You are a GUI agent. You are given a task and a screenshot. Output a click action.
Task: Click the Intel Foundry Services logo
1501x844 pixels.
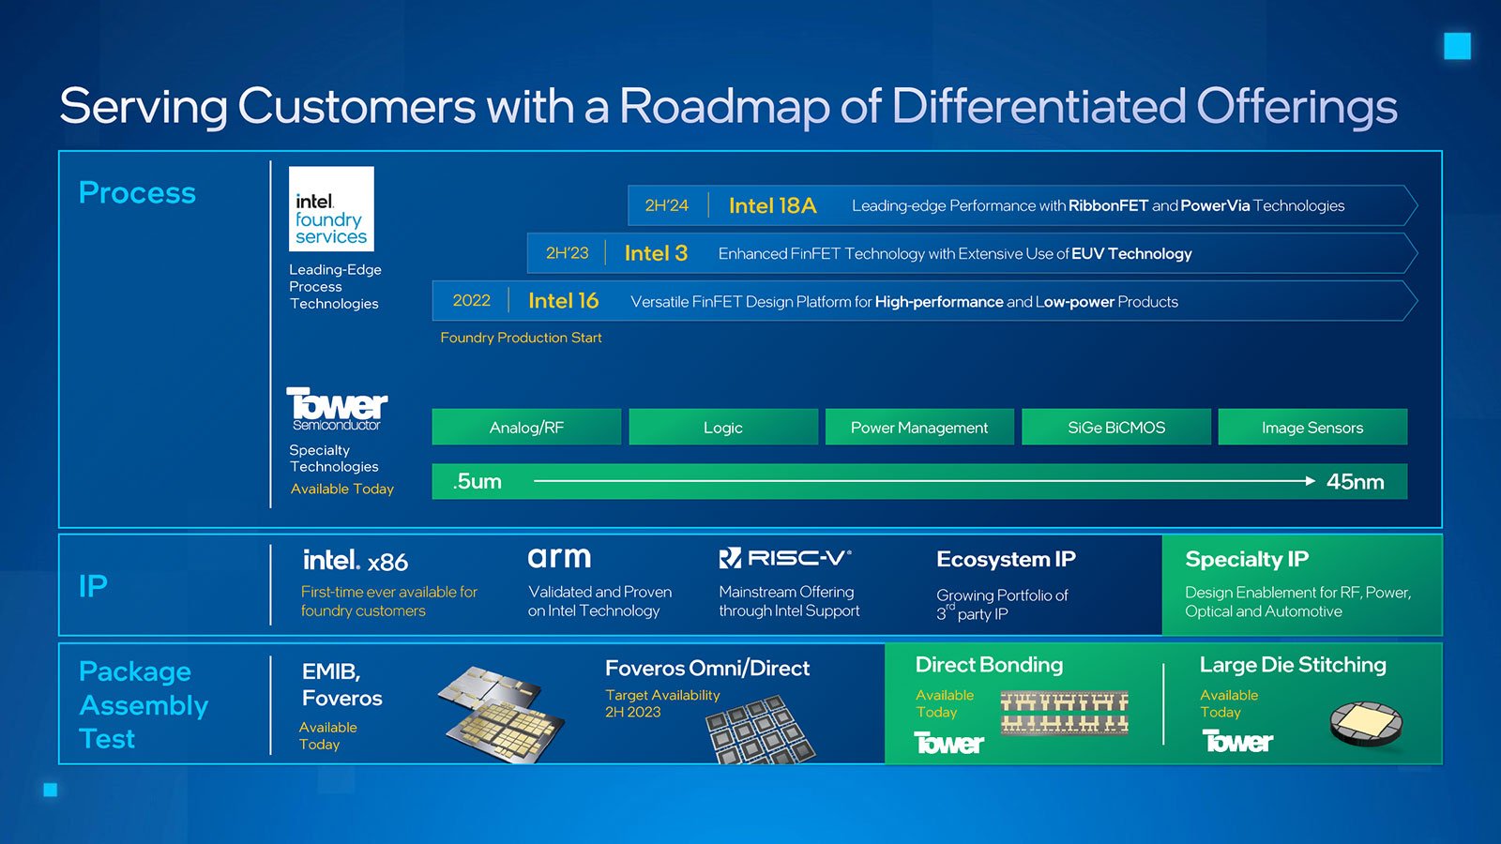click(331, 209)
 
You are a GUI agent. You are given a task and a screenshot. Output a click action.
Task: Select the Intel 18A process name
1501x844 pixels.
click(773, 205)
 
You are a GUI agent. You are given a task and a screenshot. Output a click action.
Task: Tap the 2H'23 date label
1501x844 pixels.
click(567, 253)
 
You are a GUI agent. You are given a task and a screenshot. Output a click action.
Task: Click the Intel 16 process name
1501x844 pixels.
click(563, 301)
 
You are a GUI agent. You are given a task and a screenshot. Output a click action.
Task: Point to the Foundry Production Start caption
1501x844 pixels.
click(521, 338)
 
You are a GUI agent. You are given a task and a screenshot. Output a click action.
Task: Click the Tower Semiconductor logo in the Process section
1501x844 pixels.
click(337, 409)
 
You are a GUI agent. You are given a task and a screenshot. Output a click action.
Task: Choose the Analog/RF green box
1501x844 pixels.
click(526, 427)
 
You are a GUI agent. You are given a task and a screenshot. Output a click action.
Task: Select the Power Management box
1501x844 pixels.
click(919, 427)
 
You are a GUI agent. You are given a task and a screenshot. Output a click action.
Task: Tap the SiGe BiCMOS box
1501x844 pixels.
click(1116, 427)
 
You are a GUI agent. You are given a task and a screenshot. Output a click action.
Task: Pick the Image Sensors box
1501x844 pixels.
click(1312, 427)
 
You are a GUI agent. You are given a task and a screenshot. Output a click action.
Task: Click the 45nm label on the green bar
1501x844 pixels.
click(1355, 482)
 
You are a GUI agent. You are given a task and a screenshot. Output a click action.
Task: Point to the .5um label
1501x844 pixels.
click(478, 482)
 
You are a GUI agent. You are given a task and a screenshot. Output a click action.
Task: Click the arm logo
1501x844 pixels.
click(559, 557)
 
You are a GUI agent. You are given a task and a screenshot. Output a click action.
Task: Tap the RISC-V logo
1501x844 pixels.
click(784, 558)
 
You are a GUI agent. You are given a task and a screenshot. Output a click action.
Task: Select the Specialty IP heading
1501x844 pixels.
click(1247, 559)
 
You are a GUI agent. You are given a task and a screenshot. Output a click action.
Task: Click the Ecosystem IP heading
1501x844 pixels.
click(1006, 559)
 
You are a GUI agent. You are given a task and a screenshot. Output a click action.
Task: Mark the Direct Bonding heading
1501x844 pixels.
click(989, 665)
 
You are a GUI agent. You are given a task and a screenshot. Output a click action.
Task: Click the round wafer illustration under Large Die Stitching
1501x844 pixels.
click(1366, 724)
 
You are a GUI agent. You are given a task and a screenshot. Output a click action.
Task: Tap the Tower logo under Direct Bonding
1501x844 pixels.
click(948, 743)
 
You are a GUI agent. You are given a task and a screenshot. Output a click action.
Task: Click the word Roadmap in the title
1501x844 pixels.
click(723, 107)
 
